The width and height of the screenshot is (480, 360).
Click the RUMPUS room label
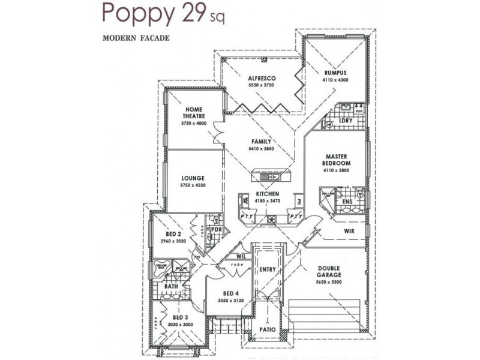(x=335, y=72)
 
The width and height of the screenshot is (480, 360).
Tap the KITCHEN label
(x=268, y=195)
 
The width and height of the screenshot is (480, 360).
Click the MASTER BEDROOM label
(x=335, y=160)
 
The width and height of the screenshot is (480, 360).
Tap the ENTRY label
(x=267, y=269)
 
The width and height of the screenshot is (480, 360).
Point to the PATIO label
(x=267, y=329)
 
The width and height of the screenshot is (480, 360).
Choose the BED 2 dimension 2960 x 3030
(x=173, y=241)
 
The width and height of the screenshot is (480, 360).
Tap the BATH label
(x=170, y=287)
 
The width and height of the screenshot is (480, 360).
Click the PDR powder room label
(x=216, y=229)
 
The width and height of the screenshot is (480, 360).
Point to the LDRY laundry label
(x=345, y=121)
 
